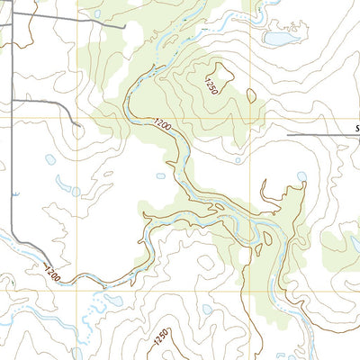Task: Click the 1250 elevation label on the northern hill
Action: point(211,87)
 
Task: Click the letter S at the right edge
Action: point(356,129)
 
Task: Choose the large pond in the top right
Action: point(279,39)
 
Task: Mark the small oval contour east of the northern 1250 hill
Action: point(250,94)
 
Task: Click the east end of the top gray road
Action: point(123,27)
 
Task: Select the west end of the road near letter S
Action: point(288,135)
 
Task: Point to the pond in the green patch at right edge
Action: point(354,243)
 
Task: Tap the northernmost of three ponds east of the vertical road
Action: point(49,160)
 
